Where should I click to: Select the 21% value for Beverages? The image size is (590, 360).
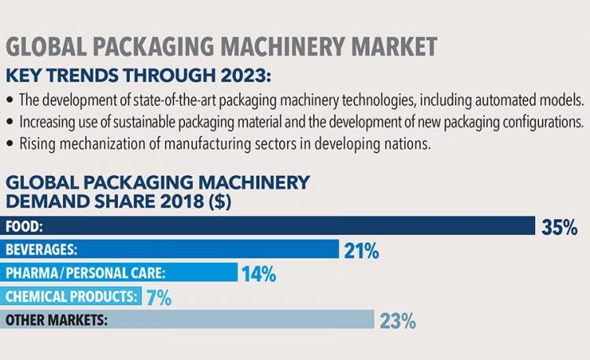[361, 252]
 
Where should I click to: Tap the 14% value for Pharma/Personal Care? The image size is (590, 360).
[259, 274]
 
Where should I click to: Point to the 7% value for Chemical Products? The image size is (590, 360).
[158, 298]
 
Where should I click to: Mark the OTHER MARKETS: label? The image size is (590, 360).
[56, 320]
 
